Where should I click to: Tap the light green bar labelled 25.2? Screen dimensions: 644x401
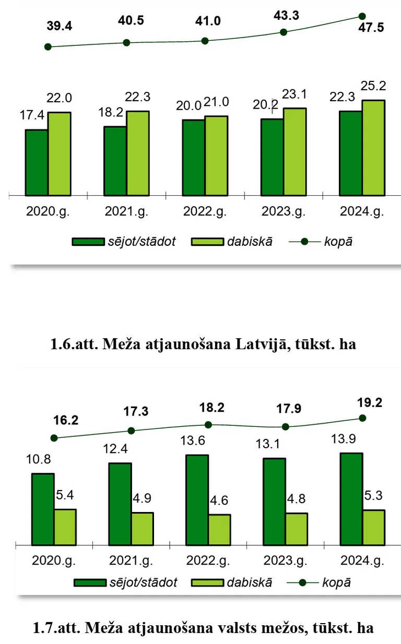[373, 148]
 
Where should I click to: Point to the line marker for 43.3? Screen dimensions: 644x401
[284, 32]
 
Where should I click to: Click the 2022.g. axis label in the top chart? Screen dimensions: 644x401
[204, 212]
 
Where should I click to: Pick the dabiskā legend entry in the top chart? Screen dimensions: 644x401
[232, 242]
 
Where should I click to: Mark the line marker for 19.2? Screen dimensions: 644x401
[362, 418]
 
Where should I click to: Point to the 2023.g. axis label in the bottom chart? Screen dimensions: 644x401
[285, 561]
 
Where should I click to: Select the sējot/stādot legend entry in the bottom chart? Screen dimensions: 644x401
[125, 583]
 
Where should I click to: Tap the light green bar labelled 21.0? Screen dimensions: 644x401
[216, 156]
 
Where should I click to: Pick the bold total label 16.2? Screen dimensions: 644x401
[65, 420]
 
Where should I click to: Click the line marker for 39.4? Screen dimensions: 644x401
[48, 46]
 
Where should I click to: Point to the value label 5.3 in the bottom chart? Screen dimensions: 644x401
[373, 494]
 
